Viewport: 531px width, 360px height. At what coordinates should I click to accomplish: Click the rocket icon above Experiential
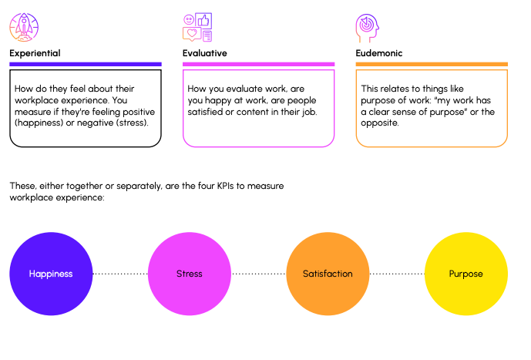point(24,27)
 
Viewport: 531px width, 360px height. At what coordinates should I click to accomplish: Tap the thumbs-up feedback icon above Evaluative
point(197,27)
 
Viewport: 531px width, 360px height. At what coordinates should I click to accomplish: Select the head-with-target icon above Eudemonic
point(368,28)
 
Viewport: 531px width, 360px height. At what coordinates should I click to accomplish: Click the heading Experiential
point(35,53)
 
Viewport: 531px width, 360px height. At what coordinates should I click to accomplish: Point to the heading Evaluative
point(204,53)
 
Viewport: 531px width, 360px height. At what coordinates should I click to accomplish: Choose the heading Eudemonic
point(379,53)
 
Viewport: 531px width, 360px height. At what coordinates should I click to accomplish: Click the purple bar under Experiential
point(86,64)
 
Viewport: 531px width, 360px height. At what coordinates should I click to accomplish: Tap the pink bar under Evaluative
point(258,64)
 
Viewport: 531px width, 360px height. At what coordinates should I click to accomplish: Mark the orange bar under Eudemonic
point(432,64)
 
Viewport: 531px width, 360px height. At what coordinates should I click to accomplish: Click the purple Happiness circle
point(51,274)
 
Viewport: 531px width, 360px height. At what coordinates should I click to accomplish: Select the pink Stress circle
point(190,274)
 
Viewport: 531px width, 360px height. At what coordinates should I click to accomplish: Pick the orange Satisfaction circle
point(328,274)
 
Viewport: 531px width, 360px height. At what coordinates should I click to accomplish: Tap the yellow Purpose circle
point(466,274)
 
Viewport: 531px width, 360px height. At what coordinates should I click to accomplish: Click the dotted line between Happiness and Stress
point(120,274)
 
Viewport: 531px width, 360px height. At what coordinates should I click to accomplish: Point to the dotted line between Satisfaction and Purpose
point(397,274)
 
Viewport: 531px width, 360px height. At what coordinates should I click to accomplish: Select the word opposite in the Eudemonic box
point(380,123)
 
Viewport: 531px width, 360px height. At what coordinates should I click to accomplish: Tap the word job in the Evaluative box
point(310,112)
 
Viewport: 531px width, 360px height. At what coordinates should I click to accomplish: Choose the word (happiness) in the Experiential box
point(39,123)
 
